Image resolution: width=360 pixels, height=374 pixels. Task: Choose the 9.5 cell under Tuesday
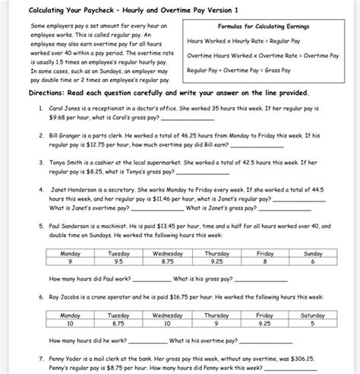(118, 261)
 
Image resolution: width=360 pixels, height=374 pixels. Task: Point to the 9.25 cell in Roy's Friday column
(264, 322)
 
